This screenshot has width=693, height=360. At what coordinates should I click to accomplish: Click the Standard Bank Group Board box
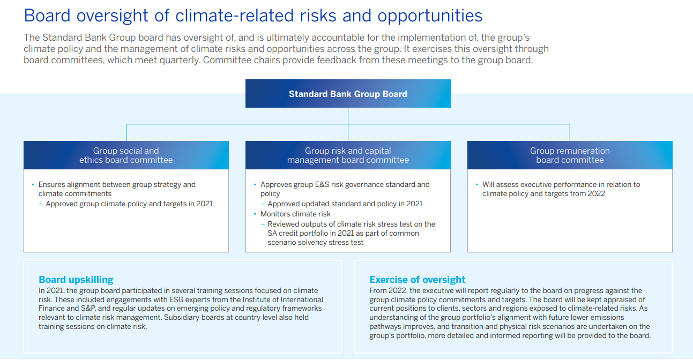348,94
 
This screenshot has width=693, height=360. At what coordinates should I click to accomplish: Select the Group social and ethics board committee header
126,155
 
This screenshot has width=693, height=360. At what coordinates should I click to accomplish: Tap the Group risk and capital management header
348,155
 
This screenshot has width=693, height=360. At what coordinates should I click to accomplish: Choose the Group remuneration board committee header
570,155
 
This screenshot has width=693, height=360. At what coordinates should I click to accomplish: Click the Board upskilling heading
76,280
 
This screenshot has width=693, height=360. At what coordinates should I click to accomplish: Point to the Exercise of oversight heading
418,280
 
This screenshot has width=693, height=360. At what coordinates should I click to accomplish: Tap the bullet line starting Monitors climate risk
295,214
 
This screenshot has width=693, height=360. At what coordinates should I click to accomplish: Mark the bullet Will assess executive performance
561,184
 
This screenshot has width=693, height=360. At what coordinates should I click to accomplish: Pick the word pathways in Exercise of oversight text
386,326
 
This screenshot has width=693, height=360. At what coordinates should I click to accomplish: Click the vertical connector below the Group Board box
348,116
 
